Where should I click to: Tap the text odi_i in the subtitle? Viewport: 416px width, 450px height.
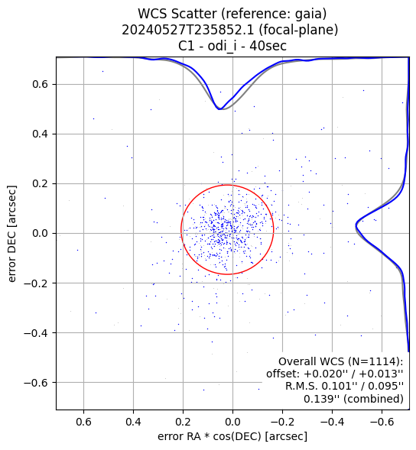[223, 46]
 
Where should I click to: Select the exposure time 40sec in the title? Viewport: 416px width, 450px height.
[268, 46]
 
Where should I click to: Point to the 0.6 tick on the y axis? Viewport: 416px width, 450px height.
[40, 84]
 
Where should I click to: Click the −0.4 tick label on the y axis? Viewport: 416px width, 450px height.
[36, 333]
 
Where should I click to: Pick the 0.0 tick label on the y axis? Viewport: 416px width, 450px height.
[40, 233]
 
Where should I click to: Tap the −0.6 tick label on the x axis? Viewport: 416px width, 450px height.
[382, 422]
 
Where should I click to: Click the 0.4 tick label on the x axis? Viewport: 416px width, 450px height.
[133, 422]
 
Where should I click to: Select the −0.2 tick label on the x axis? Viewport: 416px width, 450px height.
[282, 422]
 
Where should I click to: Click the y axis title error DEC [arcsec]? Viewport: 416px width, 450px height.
[12, 234]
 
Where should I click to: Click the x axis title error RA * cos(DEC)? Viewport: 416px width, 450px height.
[210, 436]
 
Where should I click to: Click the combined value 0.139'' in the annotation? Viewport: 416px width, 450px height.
[321, 399]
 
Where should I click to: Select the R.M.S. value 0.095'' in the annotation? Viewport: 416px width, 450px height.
[386, 387]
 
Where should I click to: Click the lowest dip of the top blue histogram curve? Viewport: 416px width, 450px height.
[219, 109]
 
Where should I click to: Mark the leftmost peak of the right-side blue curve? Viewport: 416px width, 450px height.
[356, 226]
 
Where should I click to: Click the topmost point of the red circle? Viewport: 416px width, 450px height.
[227, 185]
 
